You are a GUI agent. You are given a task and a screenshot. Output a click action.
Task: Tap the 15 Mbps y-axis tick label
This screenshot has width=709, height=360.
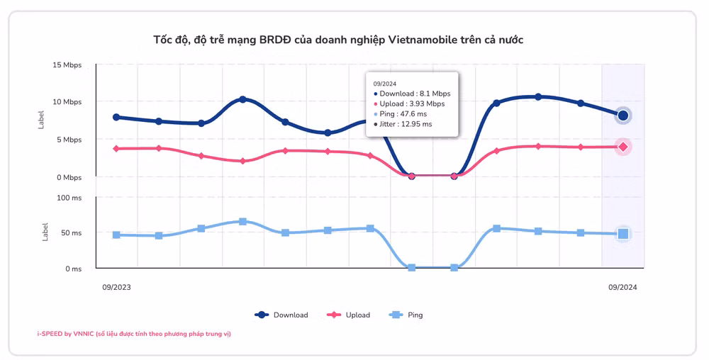click(x=67, y=65)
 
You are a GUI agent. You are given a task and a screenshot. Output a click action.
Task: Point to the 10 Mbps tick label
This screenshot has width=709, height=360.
click(x=67, y=102)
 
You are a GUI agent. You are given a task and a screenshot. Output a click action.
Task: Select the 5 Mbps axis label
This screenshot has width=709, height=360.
click(x=69, y=140)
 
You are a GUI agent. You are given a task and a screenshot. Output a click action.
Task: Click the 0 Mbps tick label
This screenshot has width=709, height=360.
click(x=69, y=177)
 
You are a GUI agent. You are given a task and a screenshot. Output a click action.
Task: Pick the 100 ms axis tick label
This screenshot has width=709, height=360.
click(x=69, y=198)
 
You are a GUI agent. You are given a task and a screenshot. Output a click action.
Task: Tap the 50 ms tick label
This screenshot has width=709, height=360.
click(x=72, y=233)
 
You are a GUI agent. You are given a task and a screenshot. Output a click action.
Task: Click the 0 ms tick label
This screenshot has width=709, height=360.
click(x=73, y=269)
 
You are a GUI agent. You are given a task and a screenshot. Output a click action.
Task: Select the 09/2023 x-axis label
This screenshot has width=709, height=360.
click(x=116, y=287)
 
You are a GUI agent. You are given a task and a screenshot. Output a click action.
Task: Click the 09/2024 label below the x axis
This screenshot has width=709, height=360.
click(x=623, y=287)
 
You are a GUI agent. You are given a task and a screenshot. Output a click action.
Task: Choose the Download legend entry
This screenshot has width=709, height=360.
click(x=281, y=315)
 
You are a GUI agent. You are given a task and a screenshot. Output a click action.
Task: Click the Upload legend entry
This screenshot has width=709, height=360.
click(x=348, y=315)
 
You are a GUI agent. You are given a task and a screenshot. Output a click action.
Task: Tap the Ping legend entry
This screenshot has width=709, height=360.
click(x=406, y=315)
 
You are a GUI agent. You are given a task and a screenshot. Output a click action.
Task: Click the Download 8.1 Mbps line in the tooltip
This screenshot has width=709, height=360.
click(x=412, y=94)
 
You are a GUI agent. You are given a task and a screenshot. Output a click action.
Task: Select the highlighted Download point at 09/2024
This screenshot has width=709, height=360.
click(x=623, y=116)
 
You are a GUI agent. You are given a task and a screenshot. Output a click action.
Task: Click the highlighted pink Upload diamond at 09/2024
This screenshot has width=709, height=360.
click(x=623, y=147)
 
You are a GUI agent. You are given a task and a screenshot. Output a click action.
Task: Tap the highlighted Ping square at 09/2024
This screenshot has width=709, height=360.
click(x=623, y=234)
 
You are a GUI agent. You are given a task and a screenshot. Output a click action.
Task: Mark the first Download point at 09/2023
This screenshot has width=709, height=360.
click(x=116, y=117)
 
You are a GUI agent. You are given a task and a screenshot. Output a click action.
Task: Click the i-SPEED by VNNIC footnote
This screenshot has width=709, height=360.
click(x=134, y=334)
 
